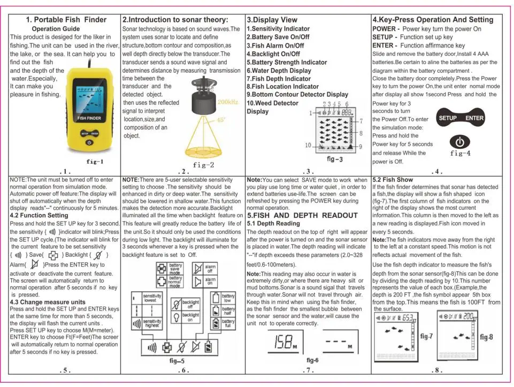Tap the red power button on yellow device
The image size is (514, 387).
[89, 143]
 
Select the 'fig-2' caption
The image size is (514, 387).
[203, 165]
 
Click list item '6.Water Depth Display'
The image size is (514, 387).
[279, 71]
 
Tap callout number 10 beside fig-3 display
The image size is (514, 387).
[308, 145]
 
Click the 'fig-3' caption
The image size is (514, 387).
[334, 159]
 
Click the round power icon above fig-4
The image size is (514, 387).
[460, 142]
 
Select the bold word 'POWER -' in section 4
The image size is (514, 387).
[385, 29]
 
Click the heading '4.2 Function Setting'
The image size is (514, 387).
[39, 215]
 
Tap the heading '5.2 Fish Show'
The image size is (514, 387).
[393, 179]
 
